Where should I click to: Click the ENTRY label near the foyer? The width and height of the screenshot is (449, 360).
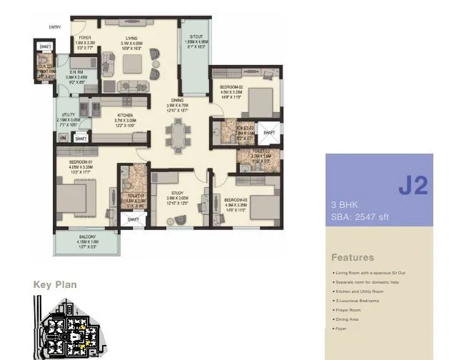tap(55, 27)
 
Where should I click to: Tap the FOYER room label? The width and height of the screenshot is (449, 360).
tap(85, 37)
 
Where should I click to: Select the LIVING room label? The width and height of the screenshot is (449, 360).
tap(131, 37)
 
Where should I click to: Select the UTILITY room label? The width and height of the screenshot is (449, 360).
tap(69, 114)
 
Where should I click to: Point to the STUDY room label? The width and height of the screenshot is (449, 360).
tap(176, 193)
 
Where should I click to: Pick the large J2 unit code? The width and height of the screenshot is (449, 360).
tap(413, 186)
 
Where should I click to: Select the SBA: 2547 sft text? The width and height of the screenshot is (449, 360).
tap(360, 216)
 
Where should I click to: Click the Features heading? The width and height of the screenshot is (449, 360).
tap(352, 257)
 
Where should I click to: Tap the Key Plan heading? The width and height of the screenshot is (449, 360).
tap(55, 284)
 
